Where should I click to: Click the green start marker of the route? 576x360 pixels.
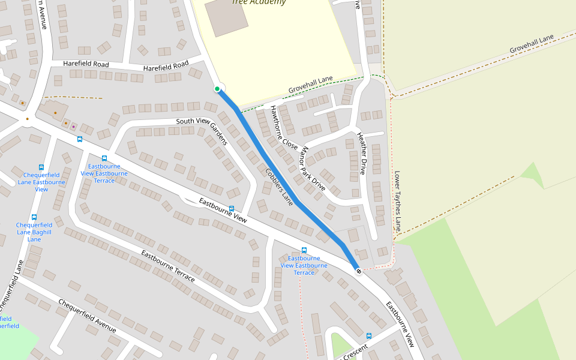coord(217,89)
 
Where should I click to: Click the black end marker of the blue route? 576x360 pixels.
coord(359,271)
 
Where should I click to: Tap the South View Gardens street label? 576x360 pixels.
coord(202,130)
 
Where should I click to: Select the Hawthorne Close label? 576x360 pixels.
coord(283,128)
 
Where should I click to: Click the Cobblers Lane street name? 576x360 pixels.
coord(279,187)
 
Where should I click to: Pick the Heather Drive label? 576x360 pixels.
coord(361,154)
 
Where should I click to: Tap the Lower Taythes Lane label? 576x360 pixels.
coord(397,202)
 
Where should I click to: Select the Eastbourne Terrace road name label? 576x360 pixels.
coord(167,266)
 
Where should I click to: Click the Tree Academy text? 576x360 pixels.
coord(259,2)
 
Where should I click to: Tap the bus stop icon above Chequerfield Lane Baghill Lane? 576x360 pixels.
coord(34,217)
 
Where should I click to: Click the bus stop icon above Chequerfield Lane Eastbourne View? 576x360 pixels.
coord(41,167)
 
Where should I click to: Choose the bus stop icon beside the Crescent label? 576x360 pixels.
coord(368,336)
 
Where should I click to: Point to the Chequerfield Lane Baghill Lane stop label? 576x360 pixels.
coord(34,232)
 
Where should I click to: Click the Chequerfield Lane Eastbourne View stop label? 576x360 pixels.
coord(41,182)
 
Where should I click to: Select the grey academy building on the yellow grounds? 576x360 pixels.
coord(226,15)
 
